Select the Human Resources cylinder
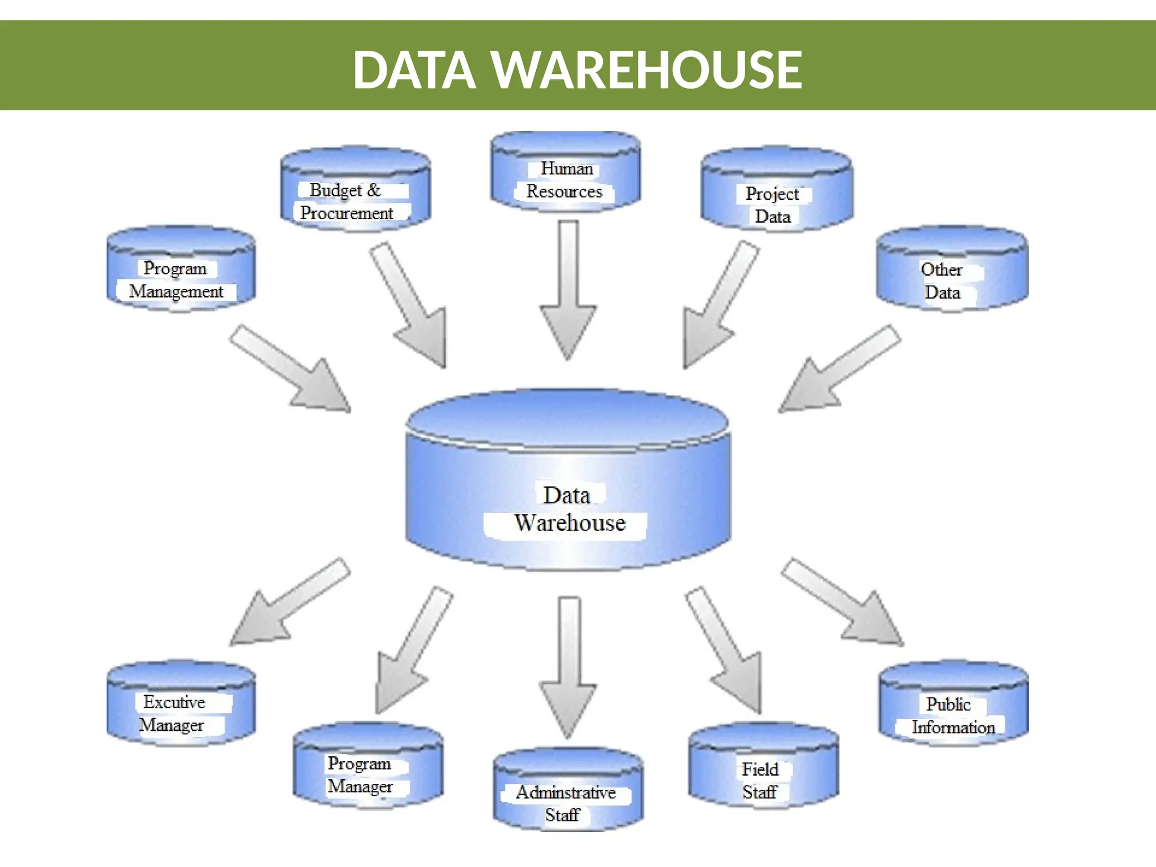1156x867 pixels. point(566,172)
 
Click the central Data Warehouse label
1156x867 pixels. point(569,509)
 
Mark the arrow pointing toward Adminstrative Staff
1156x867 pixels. point(568,666)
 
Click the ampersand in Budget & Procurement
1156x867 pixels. point(374,190)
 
